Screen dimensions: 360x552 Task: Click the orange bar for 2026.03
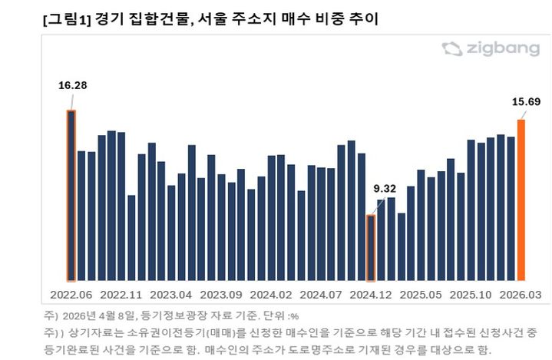(521, 200)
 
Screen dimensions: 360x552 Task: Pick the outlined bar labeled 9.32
(372, 248)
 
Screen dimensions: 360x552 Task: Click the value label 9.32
(385, 188)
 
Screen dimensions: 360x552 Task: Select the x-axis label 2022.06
(71, 295)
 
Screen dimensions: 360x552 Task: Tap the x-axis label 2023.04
(171, 295)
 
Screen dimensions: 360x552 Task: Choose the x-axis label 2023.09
(221, 295)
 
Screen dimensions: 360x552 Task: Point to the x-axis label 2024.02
(272, 295)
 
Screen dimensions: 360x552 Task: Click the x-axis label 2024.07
(321, 295)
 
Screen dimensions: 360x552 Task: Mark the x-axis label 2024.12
(372, 295)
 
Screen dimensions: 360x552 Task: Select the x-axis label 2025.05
(421, 295)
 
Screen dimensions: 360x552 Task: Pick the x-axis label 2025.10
(471, 295)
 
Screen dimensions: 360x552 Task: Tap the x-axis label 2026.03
(521, 295)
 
